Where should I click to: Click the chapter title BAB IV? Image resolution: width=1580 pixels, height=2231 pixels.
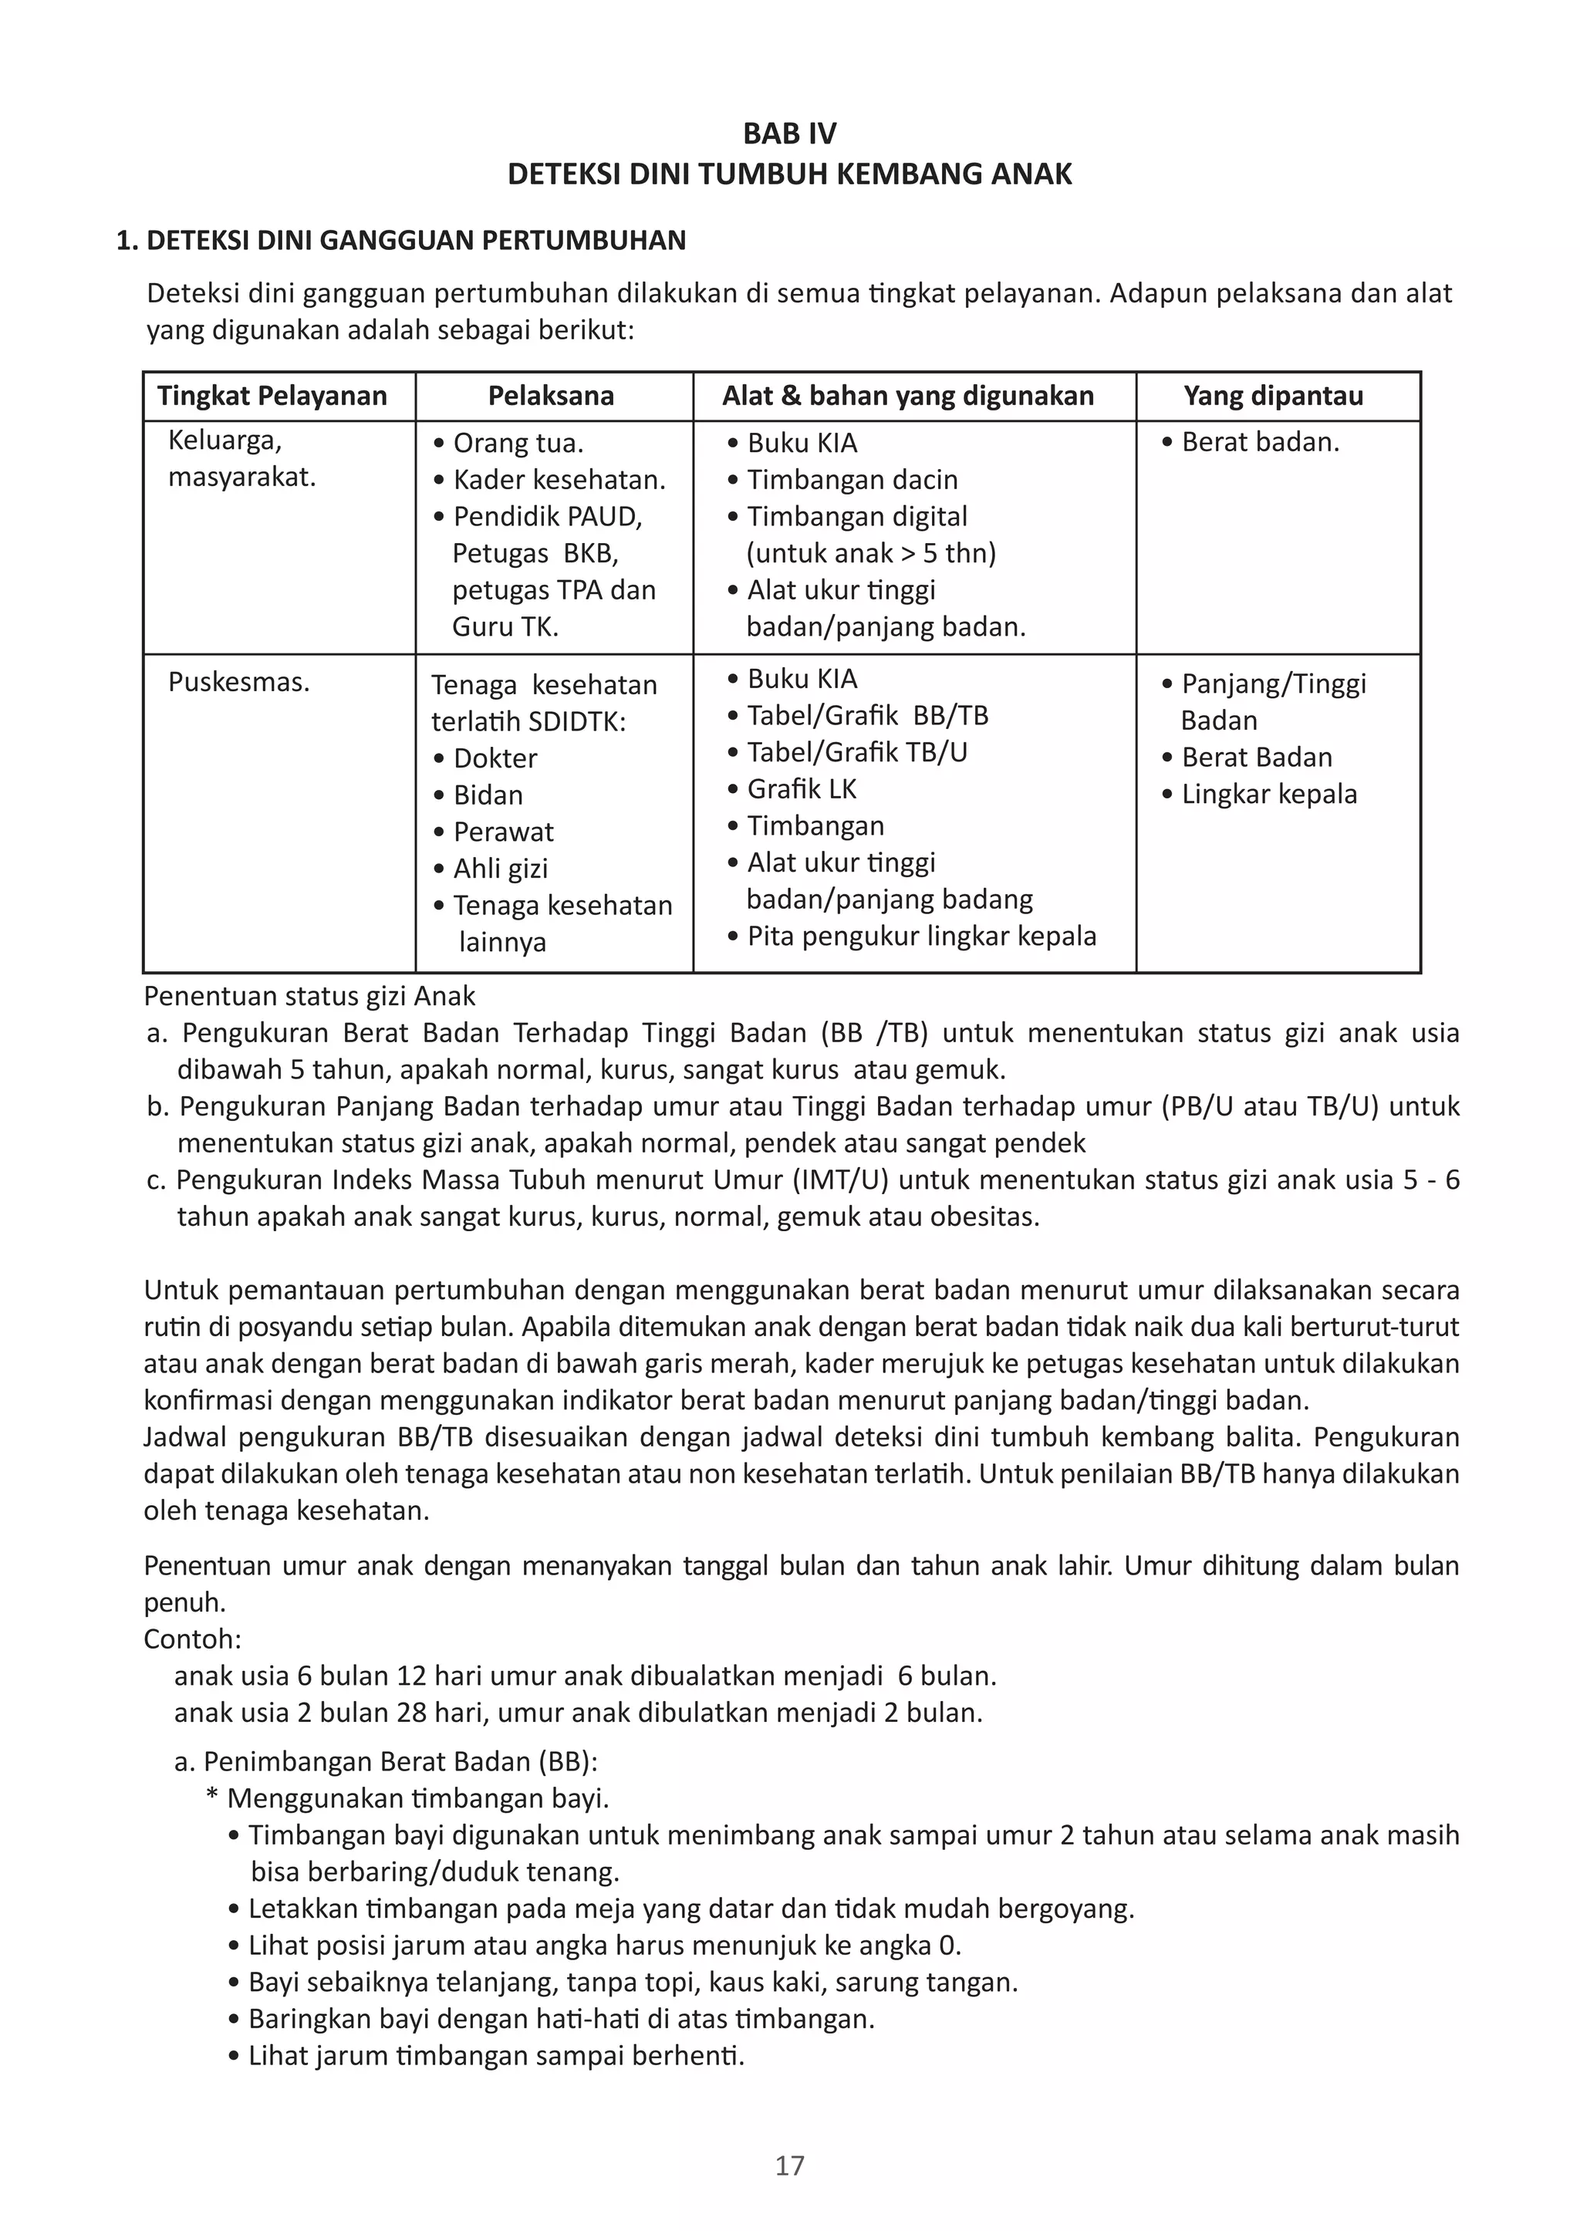pos(789,133)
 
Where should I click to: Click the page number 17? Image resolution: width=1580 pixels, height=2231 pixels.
pos(789,2165)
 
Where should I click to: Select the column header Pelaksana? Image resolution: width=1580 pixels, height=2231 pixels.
pos(551,396)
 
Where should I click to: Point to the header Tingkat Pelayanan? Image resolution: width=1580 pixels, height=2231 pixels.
pos(272,396)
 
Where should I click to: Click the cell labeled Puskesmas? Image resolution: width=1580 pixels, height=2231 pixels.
pos(238,682)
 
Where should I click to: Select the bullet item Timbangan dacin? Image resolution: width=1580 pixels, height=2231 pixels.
pos(851,480)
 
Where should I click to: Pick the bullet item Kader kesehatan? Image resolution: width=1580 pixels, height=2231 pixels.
pos(559,480)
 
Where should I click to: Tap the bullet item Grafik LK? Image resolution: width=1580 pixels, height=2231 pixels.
pos(801,789)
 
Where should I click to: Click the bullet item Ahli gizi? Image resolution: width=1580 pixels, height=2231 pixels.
pos(500,868)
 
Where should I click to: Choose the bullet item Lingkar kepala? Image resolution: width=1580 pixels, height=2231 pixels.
pos(1268,794)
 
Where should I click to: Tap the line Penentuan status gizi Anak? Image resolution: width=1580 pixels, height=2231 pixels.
pos(309,996)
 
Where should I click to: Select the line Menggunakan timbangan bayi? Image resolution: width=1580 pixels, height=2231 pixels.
pos(417,1798)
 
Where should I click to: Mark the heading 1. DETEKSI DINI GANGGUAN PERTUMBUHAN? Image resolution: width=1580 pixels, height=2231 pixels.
pos(401,241)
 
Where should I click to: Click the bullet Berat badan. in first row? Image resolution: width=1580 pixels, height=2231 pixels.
pos(1259,443)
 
